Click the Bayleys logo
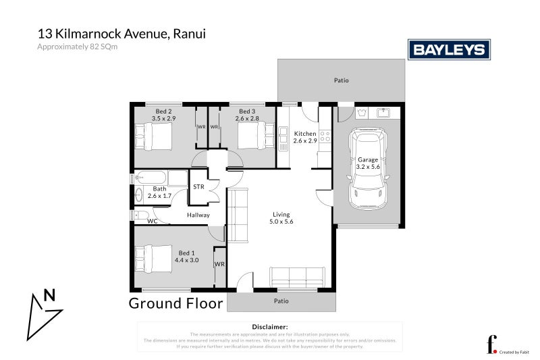tap(449, 49)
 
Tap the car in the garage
tap(367, 170)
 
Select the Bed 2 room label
tap(163, 111)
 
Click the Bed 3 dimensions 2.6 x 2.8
tap(247, 118)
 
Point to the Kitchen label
tap(305, 134)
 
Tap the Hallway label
tap(198, 215)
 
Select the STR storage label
tap(198, 186)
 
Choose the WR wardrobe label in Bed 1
tap(219, 264)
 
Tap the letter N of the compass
tap(49, 294)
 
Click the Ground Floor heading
tap(175, 303)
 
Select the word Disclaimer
tap(269, 326)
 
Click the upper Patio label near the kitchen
tap(342, 80)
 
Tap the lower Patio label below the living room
tap(281, 301)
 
